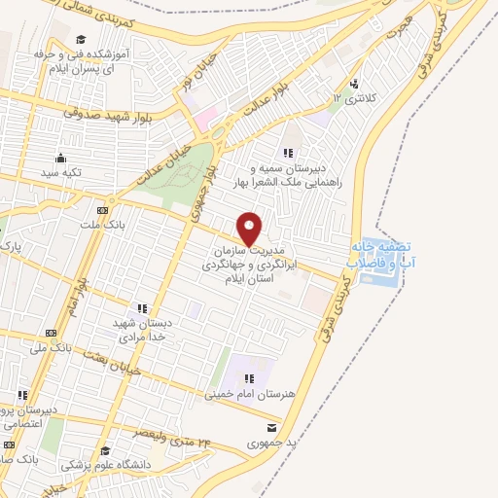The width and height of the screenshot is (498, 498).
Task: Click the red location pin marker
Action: tap(250, 228)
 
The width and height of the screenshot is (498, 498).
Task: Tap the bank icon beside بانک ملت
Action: tap(101, 210)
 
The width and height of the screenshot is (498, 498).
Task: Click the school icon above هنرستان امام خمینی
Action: tap(249, 378)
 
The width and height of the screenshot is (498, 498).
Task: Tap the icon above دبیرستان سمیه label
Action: tap(288, 153)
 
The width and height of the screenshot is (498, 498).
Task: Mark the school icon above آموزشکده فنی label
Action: tap(81, 40)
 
